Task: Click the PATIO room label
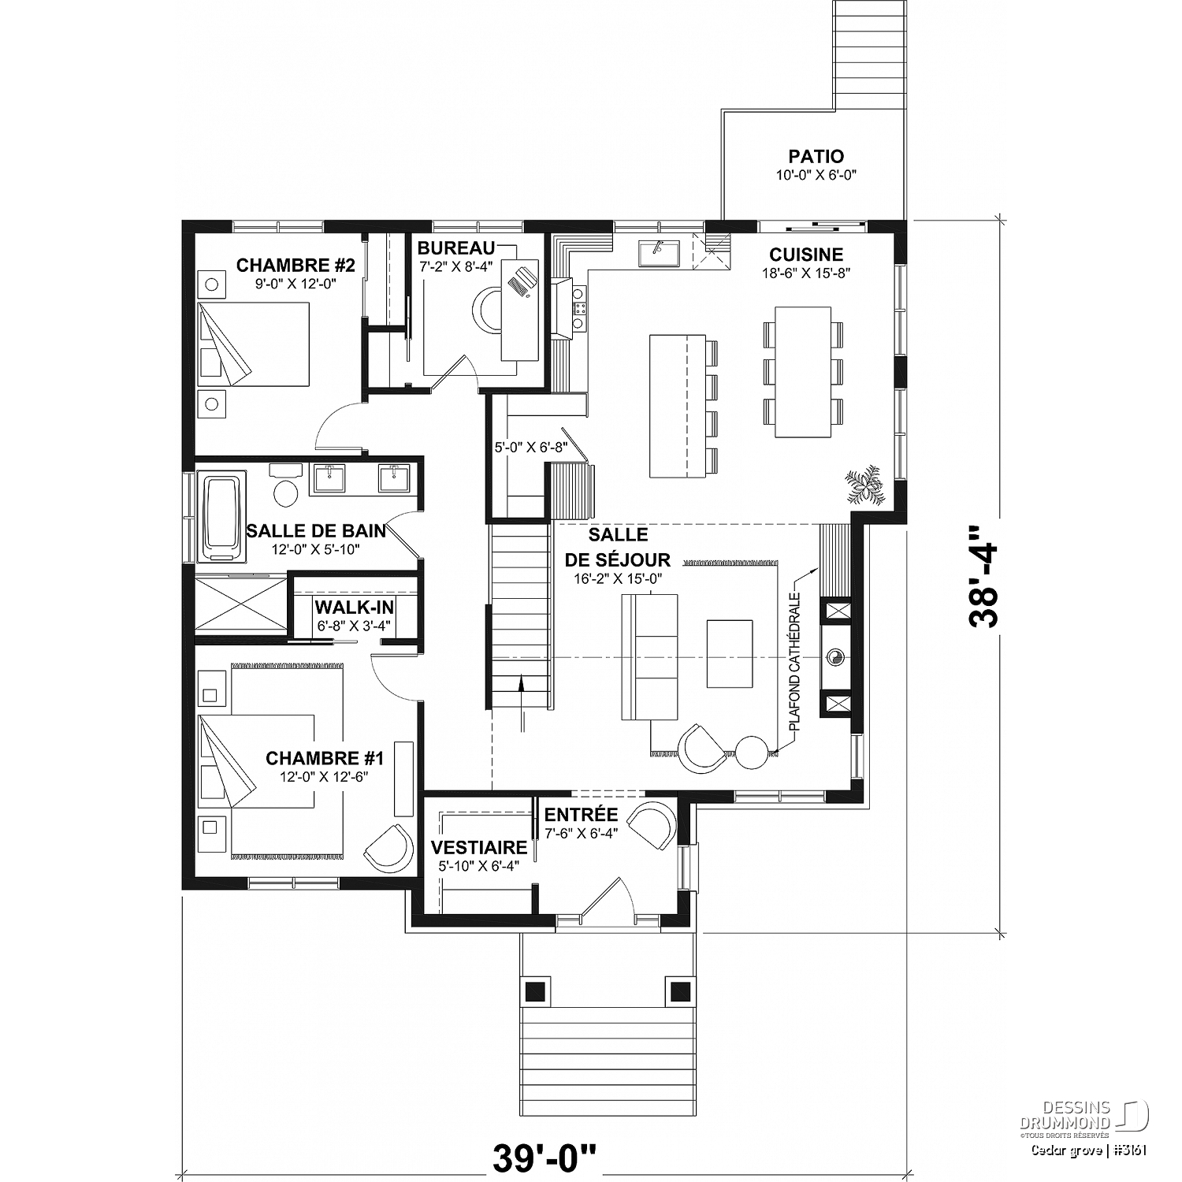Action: pos(816,156)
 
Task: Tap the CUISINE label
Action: pos(806,255)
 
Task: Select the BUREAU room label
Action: pos(456,248)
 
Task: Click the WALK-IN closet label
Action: pos(354,608)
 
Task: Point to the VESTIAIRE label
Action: pos(478,847)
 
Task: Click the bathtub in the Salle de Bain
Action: pos(225,517)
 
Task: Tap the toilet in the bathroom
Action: pos(285,486)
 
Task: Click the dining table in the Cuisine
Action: pos(803,372)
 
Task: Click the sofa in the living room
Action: pos(649,657)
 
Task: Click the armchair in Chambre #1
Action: pos(389,848)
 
